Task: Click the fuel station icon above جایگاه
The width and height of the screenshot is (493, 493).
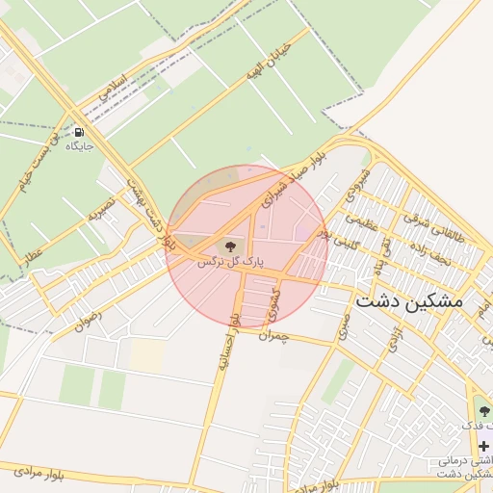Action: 78,132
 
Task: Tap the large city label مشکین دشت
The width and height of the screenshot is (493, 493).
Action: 409,301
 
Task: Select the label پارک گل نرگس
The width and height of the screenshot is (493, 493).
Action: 230,262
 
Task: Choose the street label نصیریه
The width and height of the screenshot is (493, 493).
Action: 101,208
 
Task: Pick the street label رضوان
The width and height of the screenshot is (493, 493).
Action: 88,317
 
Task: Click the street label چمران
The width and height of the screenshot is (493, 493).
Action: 273,335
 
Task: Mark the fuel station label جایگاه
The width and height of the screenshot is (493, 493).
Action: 79,146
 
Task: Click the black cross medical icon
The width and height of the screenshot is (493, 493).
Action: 483,446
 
